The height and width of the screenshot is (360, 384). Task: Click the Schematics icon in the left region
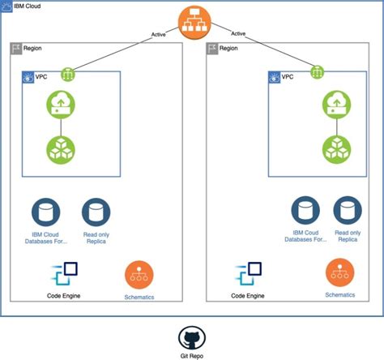pos(139,275)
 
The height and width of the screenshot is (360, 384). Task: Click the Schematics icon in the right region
pos(339,273)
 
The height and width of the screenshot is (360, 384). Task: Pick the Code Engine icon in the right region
pos(248,274)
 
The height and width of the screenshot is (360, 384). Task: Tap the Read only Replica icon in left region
pos(96,212)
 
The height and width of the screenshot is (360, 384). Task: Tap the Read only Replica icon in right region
pos(347,212)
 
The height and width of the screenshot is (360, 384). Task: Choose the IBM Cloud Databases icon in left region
pos(46,212)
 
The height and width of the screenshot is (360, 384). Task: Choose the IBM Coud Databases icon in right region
pos(305,212)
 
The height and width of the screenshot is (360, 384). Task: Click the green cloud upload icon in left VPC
pos(62,104)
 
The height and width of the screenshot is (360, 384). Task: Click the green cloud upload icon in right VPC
pos(336,103)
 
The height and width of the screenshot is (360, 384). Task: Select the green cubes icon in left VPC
pos(62,149)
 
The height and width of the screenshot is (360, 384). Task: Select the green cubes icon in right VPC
pos(336,148)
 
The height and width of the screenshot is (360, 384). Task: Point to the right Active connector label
pos(237,34)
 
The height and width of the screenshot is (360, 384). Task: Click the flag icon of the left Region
pos(16,49)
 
